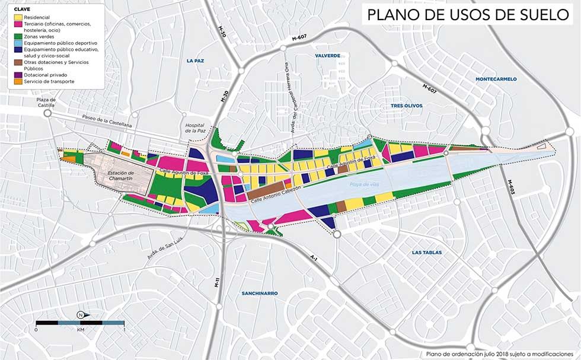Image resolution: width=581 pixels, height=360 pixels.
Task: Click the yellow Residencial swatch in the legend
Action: pyautogui.click(x=18, y=18)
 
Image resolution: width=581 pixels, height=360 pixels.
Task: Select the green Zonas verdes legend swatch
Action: pyautogui.click(x=18, y=37)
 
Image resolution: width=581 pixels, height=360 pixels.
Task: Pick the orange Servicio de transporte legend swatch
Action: pyautogui.click(x=18, y=81)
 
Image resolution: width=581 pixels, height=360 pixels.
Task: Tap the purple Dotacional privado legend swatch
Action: pyautogui.click(x=18, y=75)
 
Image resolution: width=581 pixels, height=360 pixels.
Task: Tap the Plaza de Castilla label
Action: pyautogui.click(x=46, y=103)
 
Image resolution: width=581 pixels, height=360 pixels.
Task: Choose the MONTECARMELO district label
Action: pyautogui.click(x=496, y=79)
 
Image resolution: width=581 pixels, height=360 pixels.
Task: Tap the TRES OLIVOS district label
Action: pyautogui.click(x=406, y=106)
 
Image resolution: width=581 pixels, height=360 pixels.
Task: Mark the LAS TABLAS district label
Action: pyautogui.click(x=427, y=253)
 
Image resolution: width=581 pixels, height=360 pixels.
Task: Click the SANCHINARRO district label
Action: pyautogui.click(x=260, y=293)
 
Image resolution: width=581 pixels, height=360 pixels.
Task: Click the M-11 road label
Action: pyautogui.click(x=218, y=283)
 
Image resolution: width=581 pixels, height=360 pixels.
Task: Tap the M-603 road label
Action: pyautogui.click(x=512, y=186)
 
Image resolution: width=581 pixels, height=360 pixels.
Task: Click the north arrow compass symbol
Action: pyautogui.click(x=80, y=314)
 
